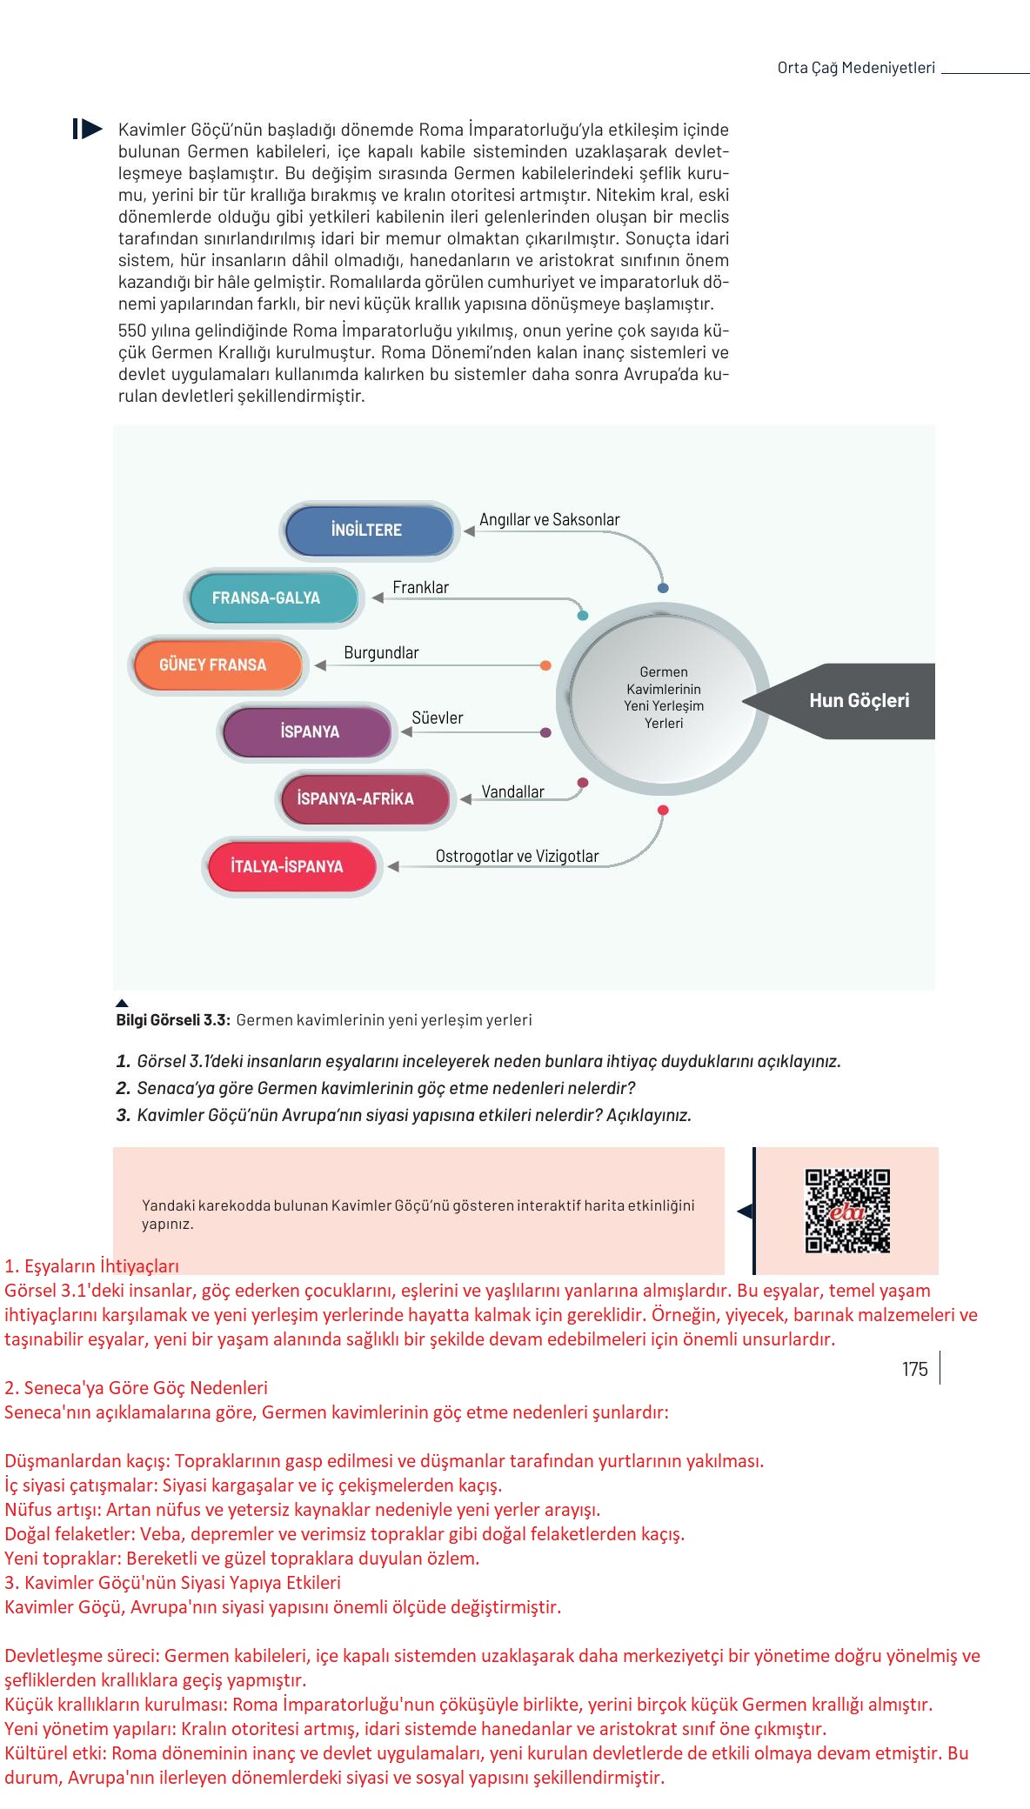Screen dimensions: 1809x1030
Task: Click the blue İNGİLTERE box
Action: [x=369, y=531]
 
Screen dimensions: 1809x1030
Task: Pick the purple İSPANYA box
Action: [x=308, y=732]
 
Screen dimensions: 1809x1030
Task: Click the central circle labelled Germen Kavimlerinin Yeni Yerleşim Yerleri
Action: [x=663, y=698]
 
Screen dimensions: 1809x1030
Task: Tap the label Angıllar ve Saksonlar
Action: [x=549, y=520]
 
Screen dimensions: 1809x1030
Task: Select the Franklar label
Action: [x=420, y=588]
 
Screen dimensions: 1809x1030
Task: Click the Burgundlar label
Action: [x=381, y=653]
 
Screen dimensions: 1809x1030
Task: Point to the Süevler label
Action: [x=437, y=718]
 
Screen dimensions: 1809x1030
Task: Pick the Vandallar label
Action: [x=512, y=792]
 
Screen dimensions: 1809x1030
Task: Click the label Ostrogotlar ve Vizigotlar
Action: [x=517, y=857]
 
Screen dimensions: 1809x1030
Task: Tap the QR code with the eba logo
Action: [x=847, y=1211]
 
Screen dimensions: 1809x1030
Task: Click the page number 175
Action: [x=914, y=1370]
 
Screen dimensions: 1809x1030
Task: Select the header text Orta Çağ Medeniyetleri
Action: [x=855, y=68]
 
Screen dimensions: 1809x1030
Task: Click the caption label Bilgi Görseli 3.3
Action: [x=172, y=1020]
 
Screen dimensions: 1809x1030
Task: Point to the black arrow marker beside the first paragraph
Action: [x=87, y=130]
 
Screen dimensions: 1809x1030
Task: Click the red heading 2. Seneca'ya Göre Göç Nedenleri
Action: [x=136, y=1388]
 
